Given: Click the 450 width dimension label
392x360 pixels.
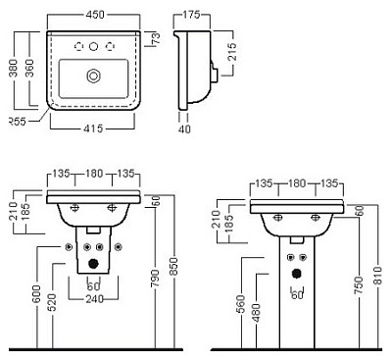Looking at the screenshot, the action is [94, 15].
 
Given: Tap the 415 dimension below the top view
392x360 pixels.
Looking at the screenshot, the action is [93, 129].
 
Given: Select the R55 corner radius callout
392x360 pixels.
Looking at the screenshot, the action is [17, 122].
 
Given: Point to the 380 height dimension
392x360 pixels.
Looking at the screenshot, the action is [14, 68].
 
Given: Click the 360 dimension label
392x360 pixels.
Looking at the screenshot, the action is [29, 68].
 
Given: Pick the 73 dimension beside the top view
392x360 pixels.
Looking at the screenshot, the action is [157, 38].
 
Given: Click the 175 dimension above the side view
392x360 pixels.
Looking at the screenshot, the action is [191, 15].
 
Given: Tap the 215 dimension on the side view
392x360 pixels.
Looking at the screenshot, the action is [231, 52].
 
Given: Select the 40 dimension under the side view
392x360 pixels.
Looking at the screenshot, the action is [184, 129].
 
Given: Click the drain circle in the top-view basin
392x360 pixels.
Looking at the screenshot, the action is [94, 77].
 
